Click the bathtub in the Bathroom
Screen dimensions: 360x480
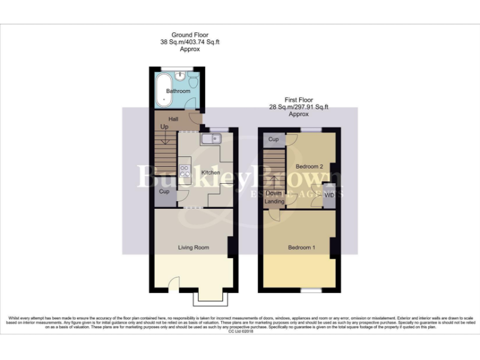(x=164, y=90)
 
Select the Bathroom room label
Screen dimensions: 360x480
(x=177, y=91)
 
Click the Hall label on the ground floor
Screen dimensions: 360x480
(x=166, y=119)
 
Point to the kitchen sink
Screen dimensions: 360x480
(x=209, y=138)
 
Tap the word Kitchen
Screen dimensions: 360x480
(x=210, y=172)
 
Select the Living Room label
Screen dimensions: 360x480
(x=193, y=247)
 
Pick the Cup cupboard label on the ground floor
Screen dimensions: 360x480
(x=165, y=191)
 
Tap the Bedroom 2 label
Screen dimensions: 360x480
(x=309, y=167)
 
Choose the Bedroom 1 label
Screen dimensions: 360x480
(x=301, y=247)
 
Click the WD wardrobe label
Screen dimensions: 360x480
(x=329, y=195)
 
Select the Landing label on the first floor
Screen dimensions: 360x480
(x=274, y=201)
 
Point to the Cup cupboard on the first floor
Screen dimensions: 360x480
(x=274, y=139)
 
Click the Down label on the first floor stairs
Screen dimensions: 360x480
(x=274, y=193)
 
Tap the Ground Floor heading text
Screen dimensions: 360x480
(x=190, y=36)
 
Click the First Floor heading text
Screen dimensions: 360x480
(x=299, y=100)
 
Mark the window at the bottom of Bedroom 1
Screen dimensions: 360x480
(x=310, y=291)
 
